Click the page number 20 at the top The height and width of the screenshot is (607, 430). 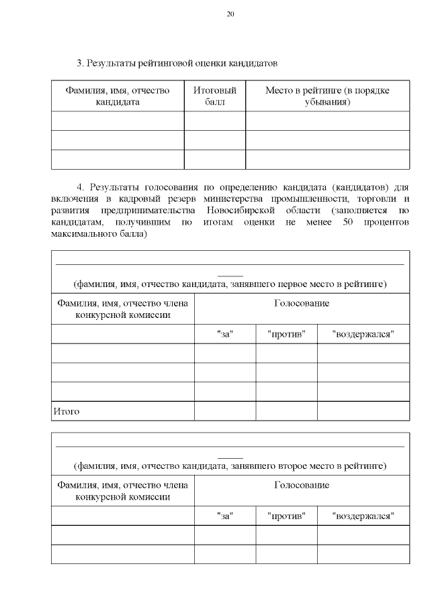(x=230, y=14)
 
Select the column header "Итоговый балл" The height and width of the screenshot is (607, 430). (x=214, y=96)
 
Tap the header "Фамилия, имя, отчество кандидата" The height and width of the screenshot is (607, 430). (x=118, y=96)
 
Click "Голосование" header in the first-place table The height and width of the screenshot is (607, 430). (x=301, y=303)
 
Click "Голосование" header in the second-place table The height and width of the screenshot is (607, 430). (x=301, y=485)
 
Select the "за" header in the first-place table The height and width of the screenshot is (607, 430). (x=224, y=334)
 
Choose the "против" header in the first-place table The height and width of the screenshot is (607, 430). (x=286, y=334)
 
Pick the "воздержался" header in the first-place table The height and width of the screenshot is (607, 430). (x=363, y=334)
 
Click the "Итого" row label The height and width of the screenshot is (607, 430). (x=66, y=411)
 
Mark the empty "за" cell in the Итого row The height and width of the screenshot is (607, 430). (x=224, y=411)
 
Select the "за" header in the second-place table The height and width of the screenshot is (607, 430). (x=224, y=516)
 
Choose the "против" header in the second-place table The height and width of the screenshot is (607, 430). (x=286, y=516)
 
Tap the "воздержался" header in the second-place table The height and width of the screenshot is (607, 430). (x=363, y=516)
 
